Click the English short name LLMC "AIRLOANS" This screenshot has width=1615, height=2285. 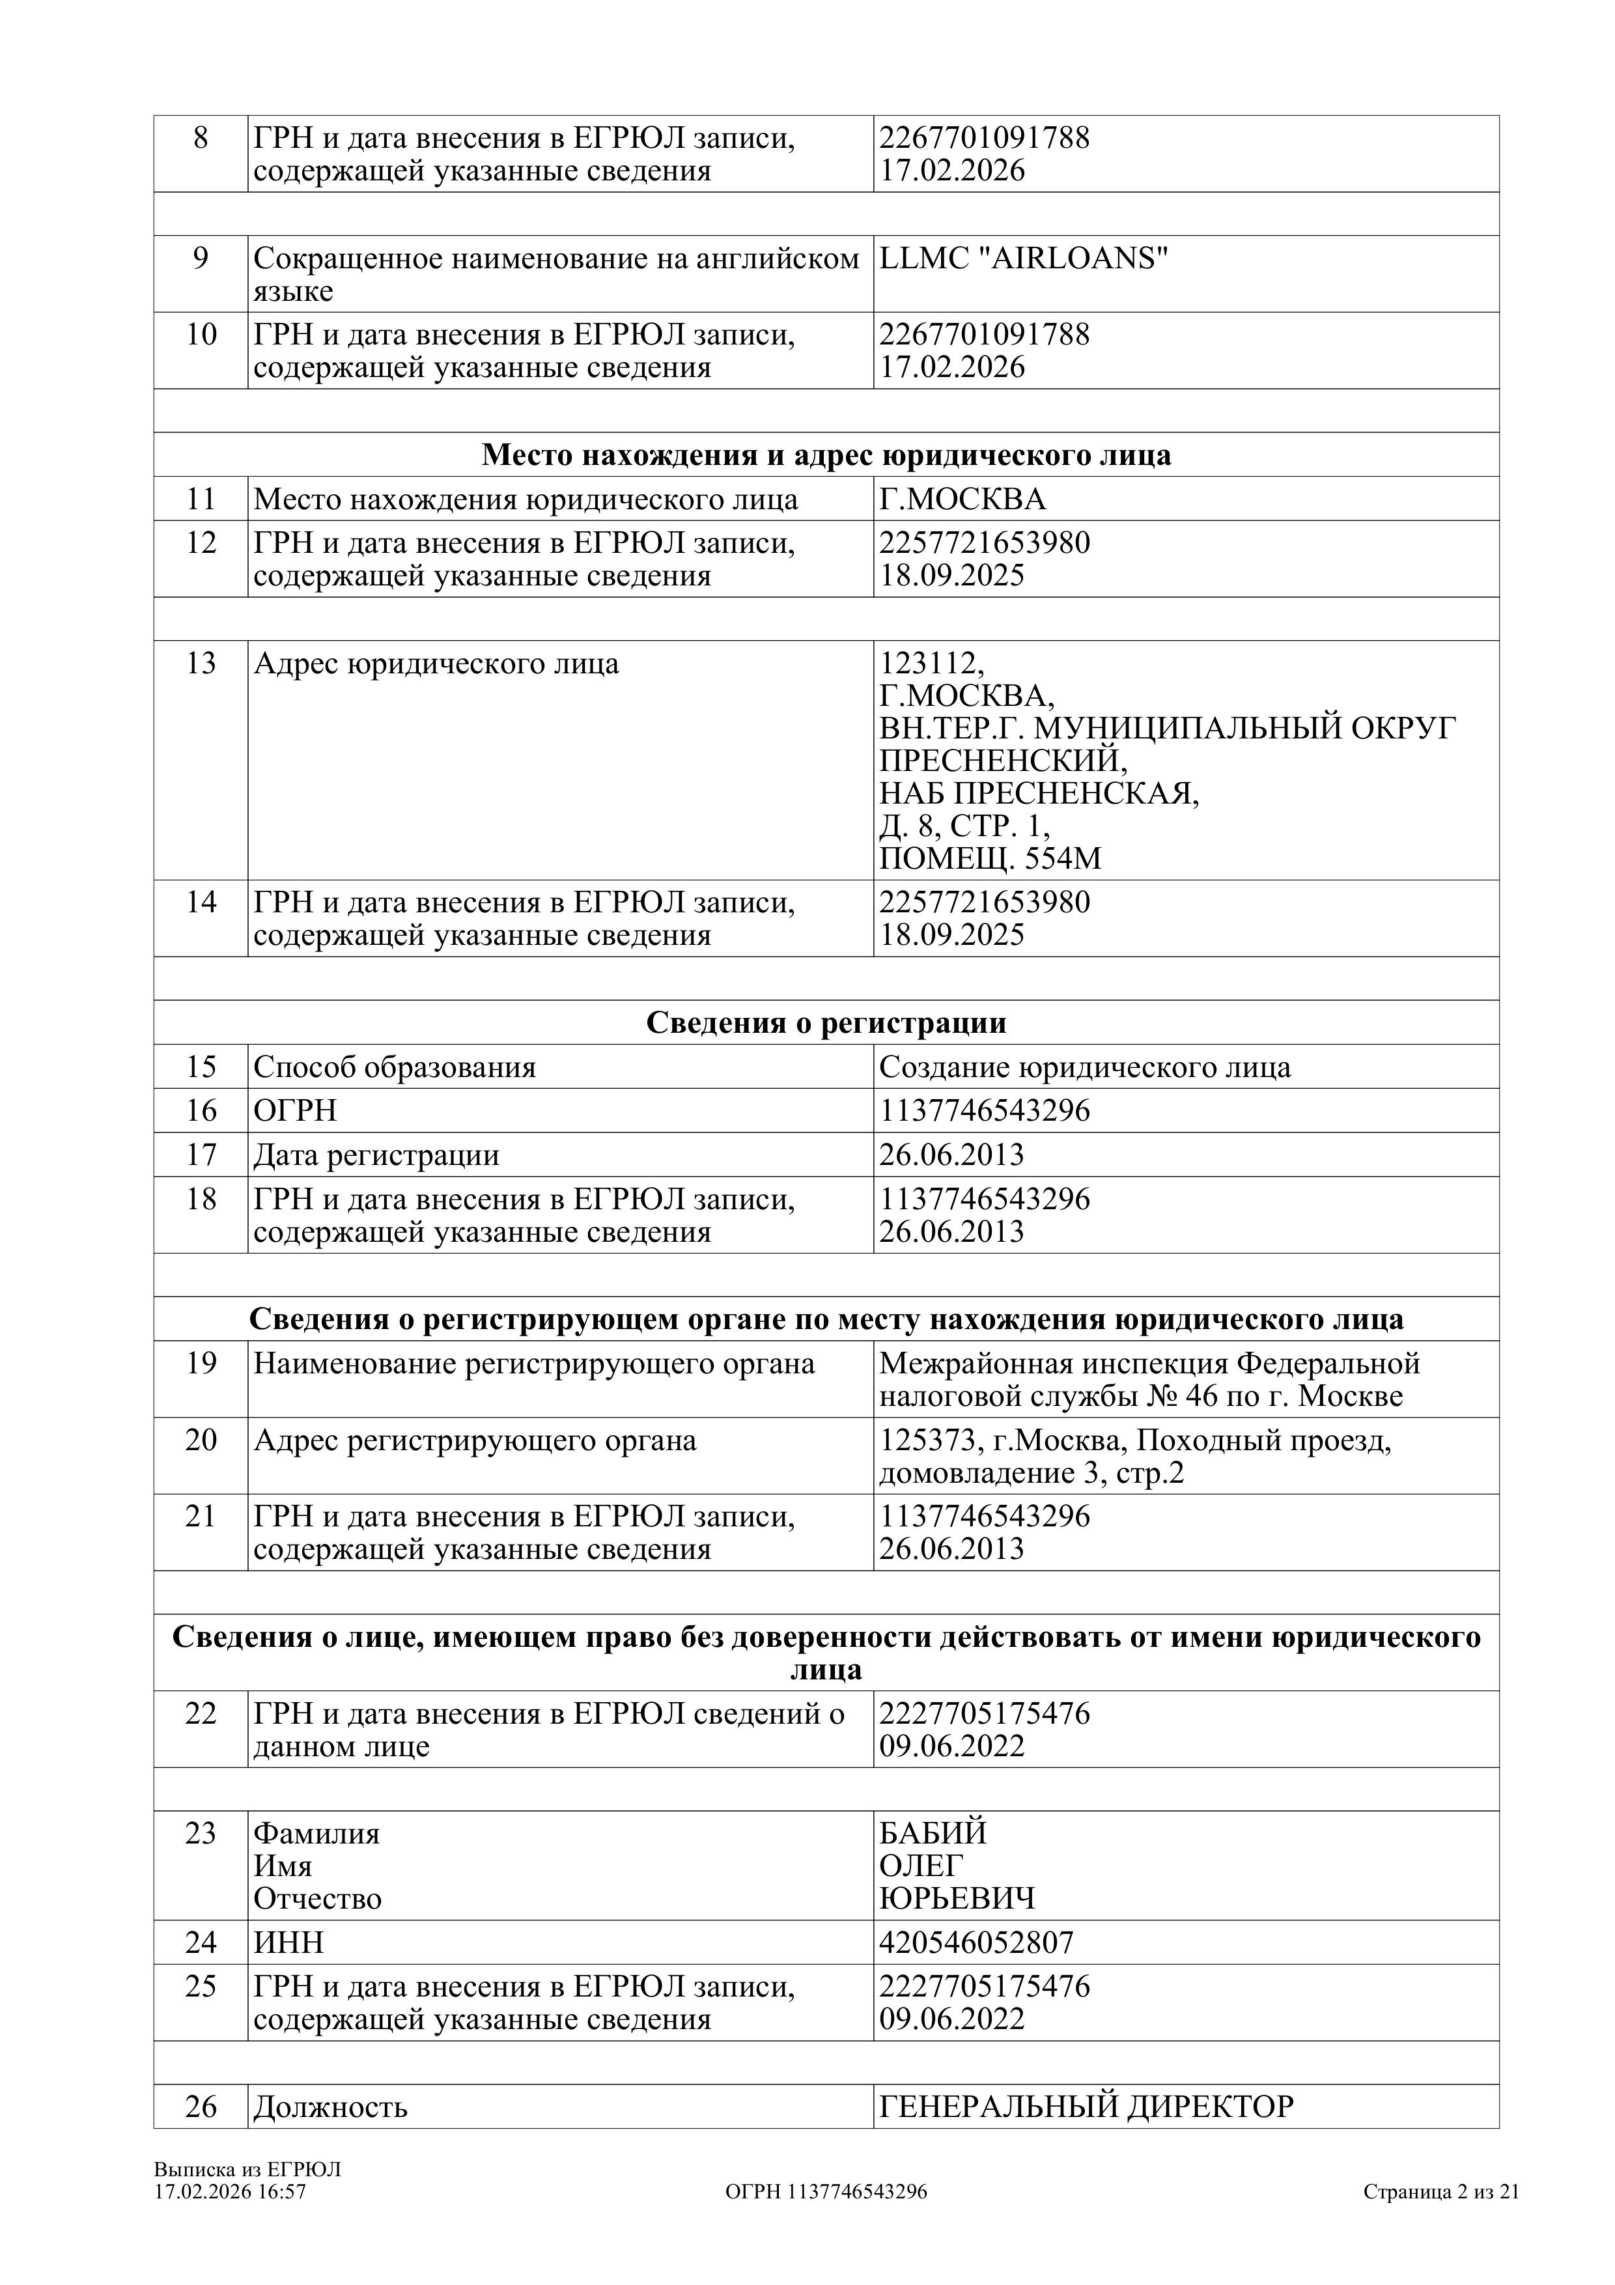[x=1023, y=259]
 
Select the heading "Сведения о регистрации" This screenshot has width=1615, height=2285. [x=826, y=1022]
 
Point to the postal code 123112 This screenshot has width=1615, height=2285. [x=931, y=663]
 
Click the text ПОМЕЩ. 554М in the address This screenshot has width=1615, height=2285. [x=990, y=859]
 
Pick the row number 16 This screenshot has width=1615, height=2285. [x=201, y=1110]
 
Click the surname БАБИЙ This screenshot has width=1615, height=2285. [x=933, y=1832]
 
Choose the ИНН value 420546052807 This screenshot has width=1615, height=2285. [x=976, y=1942]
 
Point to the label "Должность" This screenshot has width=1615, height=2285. [x=330, y=2107]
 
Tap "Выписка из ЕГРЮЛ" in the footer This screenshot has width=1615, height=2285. [x=247, y=2170]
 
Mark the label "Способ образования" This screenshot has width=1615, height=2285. [x=394, y=1067]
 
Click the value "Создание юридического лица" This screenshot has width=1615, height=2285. [x=1085, y=1067]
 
